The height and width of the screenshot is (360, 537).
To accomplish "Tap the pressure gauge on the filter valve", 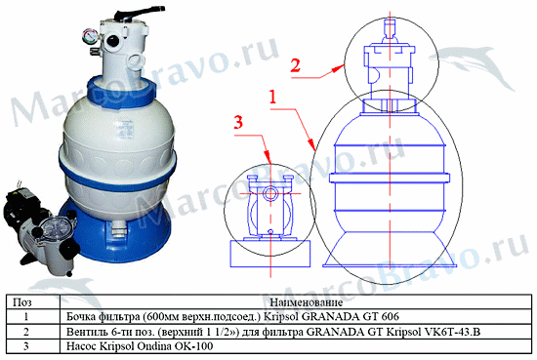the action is (x=89, y=36).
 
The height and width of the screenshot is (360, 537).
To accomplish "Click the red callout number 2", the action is (x=295, y=65).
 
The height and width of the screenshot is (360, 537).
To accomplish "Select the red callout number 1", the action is (x=272, y=98).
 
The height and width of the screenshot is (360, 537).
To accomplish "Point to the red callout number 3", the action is (x=238, y=122).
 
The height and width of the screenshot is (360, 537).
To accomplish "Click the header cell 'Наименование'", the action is (x=307, y=302).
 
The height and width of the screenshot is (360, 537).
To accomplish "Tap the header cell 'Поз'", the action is (x=22, y=302).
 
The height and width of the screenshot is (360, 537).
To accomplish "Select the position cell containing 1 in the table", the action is (x=26, y=316).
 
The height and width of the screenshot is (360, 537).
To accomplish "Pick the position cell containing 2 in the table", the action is (x=26, y=332).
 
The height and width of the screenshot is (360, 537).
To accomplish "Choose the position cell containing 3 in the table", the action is (x=26, y=346).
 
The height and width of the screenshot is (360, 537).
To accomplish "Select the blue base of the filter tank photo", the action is (x=116, y=236).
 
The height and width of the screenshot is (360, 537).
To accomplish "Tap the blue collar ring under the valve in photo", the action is (x=122, y=93).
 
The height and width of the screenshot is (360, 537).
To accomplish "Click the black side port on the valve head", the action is (x=112, y=41).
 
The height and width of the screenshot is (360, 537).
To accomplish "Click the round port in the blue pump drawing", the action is (x=270, y=194).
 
